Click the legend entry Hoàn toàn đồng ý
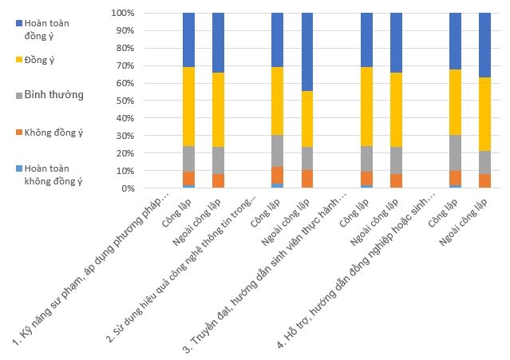pos(46,30)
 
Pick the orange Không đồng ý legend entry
pos(53,133)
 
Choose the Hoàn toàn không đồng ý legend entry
pos(53,175)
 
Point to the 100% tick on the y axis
pos(124,14)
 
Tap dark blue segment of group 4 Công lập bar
pos(456,41)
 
